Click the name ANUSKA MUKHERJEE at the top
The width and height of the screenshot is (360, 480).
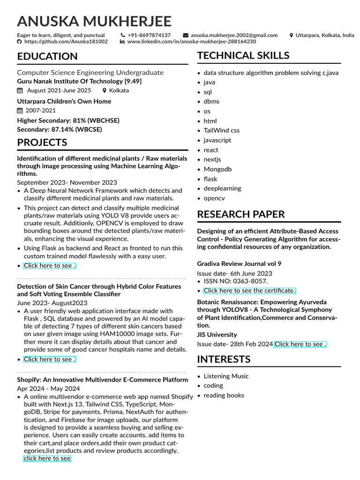(94, 22)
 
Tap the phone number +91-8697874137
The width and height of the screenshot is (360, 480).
(149, 35)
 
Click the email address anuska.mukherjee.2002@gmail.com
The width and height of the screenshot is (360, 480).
(234, 35)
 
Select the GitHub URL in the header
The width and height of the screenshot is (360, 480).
(66, 42)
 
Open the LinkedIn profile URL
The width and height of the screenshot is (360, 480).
(191, 42)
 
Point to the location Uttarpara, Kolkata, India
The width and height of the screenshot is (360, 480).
(325, 35)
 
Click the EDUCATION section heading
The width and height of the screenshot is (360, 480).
(47, 57)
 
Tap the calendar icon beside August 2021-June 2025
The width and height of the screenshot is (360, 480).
(20, 90)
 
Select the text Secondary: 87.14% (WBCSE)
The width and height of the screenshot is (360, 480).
(60, 129)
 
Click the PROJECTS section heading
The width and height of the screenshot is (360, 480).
(42, 142)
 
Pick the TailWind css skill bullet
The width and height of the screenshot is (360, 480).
(221, 130)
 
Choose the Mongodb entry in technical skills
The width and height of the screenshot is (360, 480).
(217, 169)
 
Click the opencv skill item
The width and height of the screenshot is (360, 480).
(214, 198)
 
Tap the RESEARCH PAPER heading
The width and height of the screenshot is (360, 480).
(240, 214)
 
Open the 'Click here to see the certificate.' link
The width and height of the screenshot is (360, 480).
(249, 291)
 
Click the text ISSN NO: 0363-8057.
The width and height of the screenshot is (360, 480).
(235, 281)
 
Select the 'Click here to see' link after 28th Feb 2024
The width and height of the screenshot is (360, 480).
(300, 344)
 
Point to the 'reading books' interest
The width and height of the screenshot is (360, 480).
(224, 395)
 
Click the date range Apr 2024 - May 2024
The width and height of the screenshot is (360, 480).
(48, 389)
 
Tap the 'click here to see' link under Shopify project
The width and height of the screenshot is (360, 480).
(47, 458)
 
